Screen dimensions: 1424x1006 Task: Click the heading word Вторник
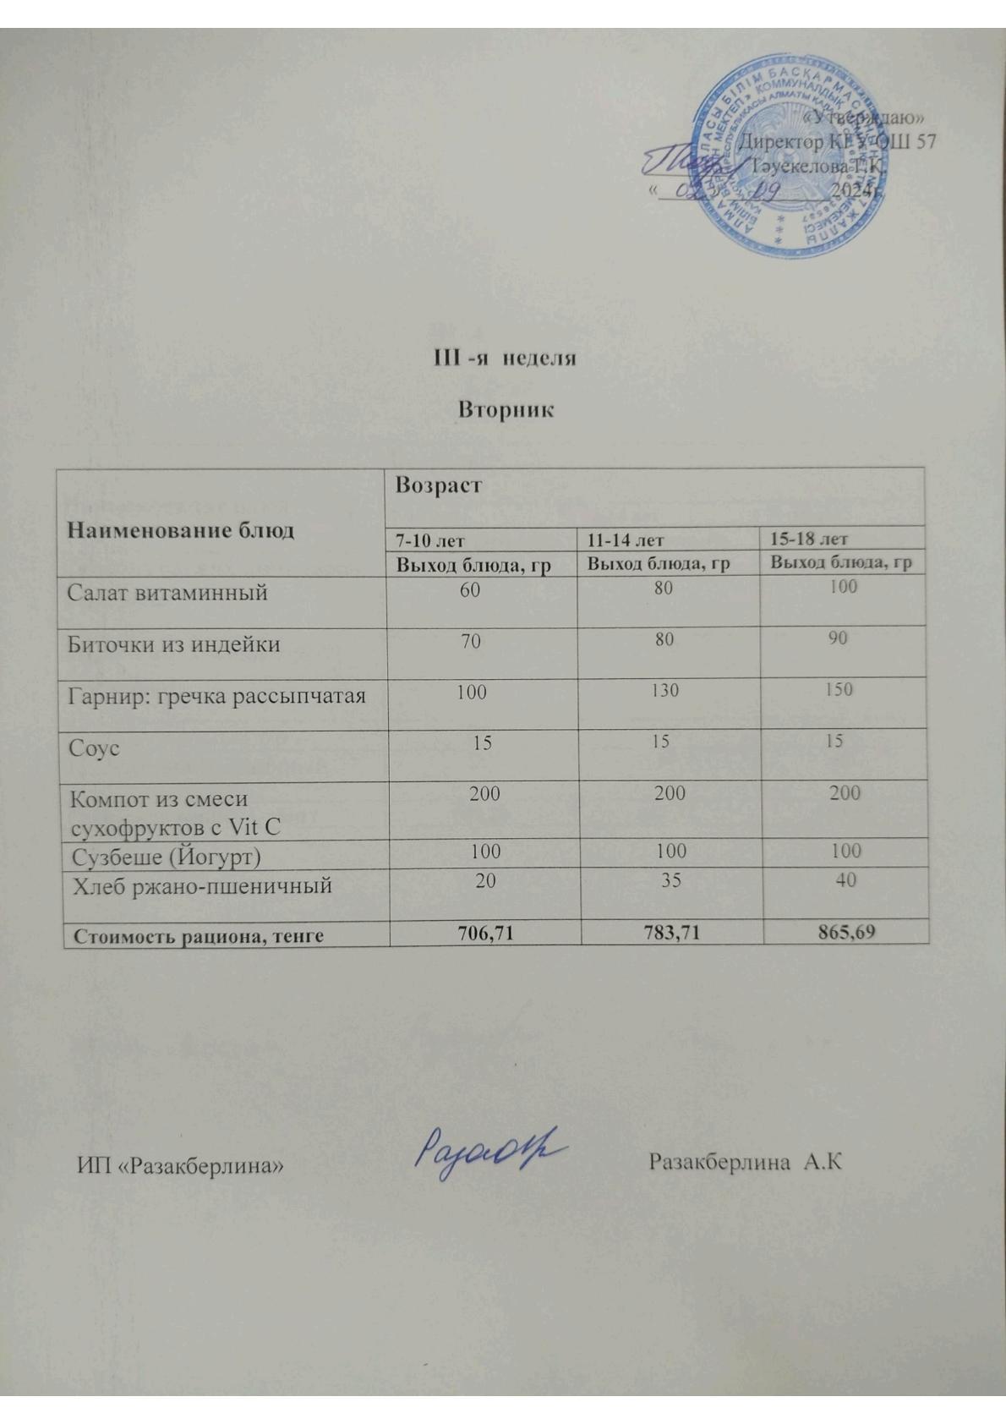pos(506,410)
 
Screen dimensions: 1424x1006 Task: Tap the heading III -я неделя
pos(505,358)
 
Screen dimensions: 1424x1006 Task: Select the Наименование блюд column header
pos(181,530)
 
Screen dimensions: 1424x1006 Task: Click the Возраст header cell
pos(438,485)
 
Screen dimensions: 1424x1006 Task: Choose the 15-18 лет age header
pos(809,538)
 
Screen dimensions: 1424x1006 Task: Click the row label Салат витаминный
pos(168,592)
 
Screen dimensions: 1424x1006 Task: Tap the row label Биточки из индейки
pos(174,644)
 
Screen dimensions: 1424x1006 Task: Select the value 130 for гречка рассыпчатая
pos(665,691)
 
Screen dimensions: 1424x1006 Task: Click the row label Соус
pos(95,748)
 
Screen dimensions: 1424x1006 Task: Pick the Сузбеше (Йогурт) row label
pos(167,857)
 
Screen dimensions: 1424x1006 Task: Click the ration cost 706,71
pos(485,933)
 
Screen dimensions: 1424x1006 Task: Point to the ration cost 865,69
pos(845,931)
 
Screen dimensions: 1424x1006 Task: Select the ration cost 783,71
pos(670,932)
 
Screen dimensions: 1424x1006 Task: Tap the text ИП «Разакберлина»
pos(180,1165)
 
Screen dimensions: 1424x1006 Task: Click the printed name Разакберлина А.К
pos(746,1162)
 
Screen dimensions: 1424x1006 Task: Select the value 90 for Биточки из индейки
pos(838,638)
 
